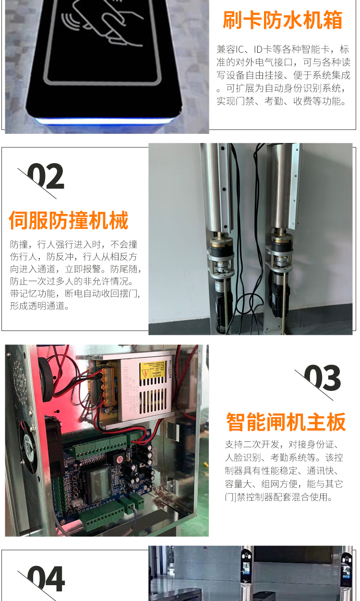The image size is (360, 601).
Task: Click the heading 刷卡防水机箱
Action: [282, 20]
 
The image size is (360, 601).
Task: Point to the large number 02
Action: [45, 177]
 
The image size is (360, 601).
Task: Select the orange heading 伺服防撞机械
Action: [69, 220]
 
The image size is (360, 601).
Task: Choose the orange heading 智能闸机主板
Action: [286, 422]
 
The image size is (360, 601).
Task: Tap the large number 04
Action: [46, 579]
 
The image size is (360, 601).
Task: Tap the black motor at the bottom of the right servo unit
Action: [280, 295]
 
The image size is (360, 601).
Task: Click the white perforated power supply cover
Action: [154, 393]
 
